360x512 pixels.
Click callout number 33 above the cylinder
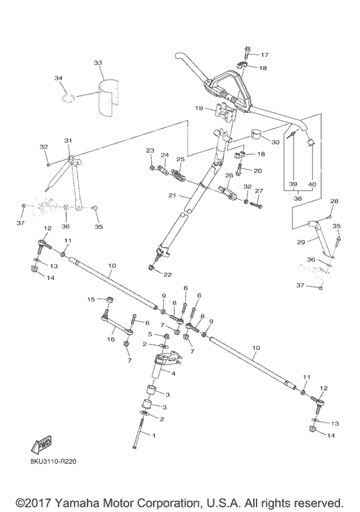98,63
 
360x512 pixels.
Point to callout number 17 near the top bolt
264,55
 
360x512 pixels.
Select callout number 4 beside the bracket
173,373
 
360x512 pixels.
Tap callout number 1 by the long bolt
152,434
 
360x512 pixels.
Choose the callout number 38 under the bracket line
296,199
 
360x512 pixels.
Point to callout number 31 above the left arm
67,141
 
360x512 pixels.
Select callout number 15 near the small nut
91,299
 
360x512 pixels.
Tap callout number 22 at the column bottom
168,275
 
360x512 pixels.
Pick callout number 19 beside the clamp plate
199,108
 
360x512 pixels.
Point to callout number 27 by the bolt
259,191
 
